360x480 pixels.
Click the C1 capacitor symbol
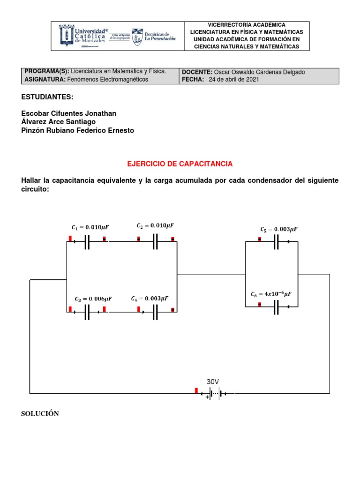coord(87,242)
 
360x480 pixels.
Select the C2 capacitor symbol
coord(156,242)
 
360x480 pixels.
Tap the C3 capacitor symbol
coord(87,312)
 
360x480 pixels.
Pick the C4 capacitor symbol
coord(156,312)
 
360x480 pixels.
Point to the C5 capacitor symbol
coord(276,242)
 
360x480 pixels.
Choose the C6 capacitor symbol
coord(276,307)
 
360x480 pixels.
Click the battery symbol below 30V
coord(215,394)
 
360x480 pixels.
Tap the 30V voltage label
coord(213,382)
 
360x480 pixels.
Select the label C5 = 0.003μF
coord(279,229)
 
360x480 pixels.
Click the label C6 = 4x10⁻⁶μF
coord(271,294)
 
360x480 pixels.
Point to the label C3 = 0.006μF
coord(93,299)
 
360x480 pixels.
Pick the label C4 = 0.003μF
coord(150,299)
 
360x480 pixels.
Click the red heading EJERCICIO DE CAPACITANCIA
coord(180,164)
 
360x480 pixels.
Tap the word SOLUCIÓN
coord(40,413)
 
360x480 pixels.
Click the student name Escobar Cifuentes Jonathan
coord(69,113)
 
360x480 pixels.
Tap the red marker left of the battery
coord(196,390)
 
